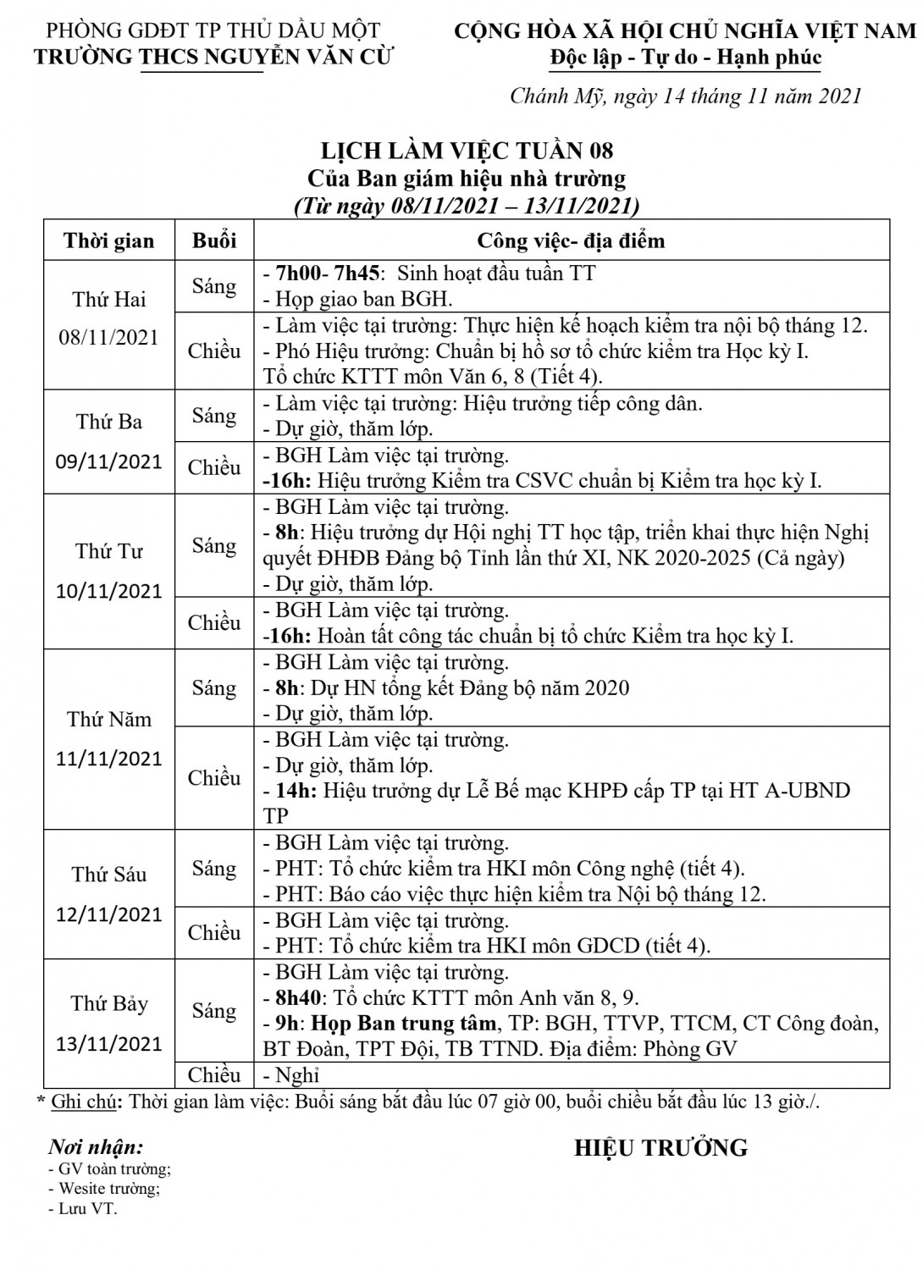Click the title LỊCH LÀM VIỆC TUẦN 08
click(466, 151)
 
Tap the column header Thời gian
click(109, 241)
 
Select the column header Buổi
click(214, 240)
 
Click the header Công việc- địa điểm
click(572, 240)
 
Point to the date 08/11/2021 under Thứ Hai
click(108, 337)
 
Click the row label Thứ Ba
click(108, 422)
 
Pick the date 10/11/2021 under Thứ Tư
click(108, 590)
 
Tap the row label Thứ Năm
click(109, 720)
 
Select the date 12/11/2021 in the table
click(108, 914)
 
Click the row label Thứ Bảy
click(109, 1004)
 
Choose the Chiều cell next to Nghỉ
click(214, 1075)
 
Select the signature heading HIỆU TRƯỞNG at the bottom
click(661, 1148)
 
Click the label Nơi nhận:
click(96, 1148)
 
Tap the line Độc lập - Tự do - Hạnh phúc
click(685, 58)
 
